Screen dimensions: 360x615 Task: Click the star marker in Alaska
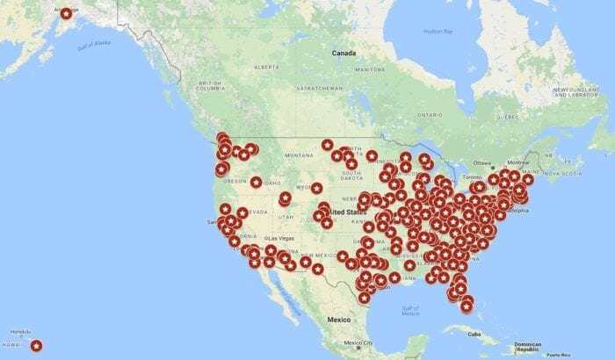64,13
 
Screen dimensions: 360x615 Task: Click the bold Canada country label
343,54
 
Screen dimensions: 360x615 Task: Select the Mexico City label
358,342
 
